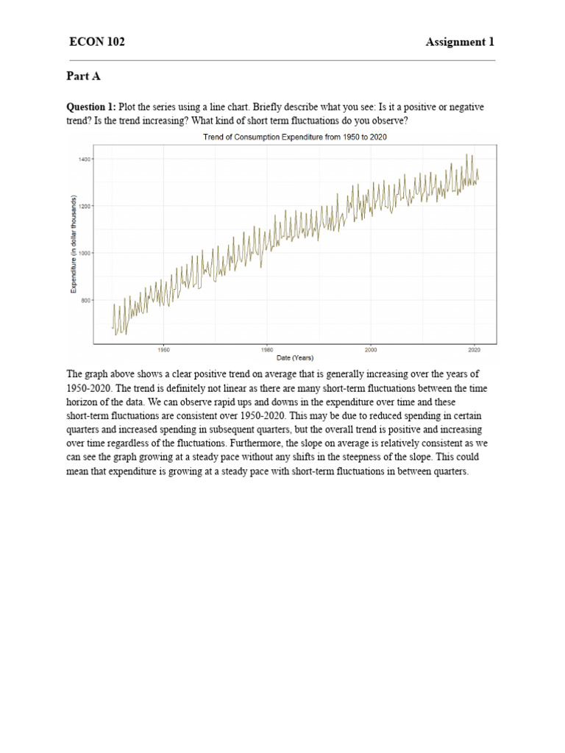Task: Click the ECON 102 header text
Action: point(96,42)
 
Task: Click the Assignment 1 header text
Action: point(460,42)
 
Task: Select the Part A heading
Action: point(82,76)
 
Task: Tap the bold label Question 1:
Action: point(91,107)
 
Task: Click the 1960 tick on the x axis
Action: point(164,350)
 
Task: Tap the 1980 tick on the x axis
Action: point(267,350)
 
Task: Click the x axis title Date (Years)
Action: point(295,358)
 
